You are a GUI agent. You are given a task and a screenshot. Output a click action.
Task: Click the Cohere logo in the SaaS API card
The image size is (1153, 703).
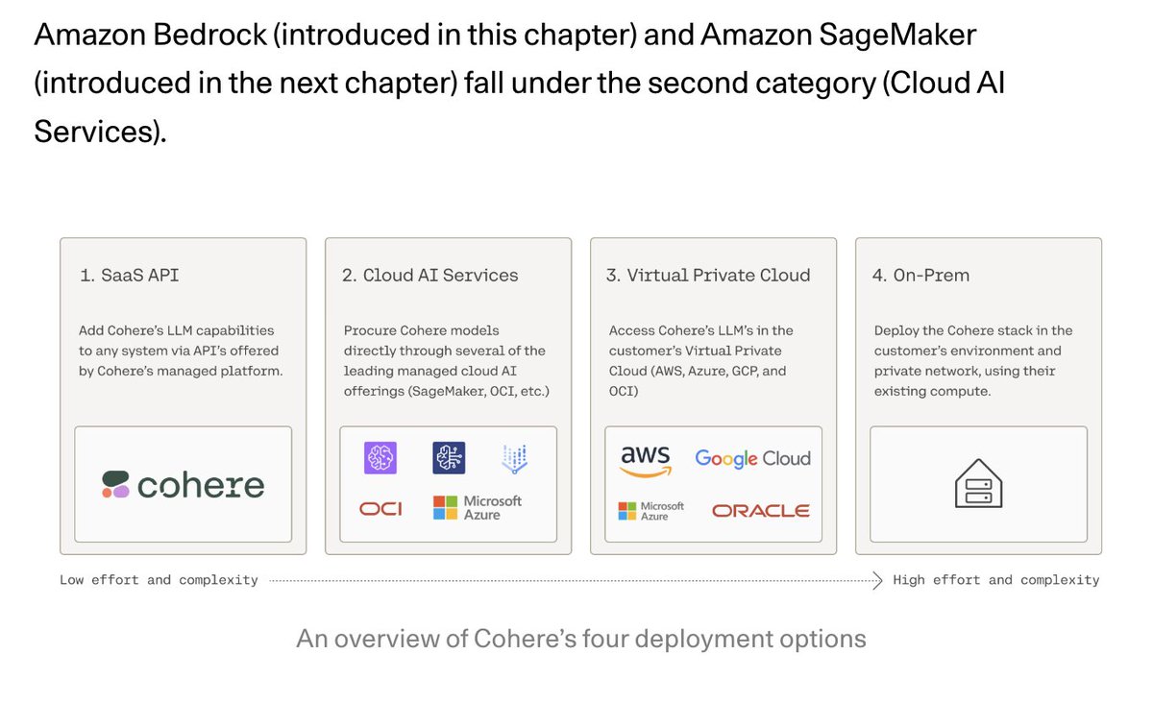[x=184, y=485]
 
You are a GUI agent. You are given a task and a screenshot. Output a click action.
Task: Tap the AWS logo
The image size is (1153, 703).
[x=646, y=461]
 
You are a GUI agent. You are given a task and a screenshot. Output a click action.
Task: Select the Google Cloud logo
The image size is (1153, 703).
[x=752, y=458]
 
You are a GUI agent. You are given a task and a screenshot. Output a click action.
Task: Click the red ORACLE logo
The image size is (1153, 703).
[x=760, y=511]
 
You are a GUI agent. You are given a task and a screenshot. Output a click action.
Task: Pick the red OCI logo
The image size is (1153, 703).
[x=380, y=509]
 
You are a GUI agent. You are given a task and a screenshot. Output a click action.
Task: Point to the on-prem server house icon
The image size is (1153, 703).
[x=978, y=483]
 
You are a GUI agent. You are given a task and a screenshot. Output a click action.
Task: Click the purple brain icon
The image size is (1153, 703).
[x=380, y=457]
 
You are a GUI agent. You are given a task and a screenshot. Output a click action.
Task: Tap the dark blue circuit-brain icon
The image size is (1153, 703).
[x=449, y=457]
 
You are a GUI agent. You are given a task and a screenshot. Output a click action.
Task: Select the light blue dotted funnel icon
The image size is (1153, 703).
[x=515, y=458]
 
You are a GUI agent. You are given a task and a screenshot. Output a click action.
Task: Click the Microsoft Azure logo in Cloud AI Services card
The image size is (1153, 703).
[x=478, y=508]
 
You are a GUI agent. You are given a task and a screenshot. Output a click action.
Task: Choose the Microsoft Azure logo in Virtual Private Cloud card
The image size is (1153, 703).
[x=650, y=511]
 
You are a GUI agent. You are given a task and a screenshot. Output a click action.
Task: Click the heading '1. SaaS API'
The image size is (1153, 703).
[x=129, y=276]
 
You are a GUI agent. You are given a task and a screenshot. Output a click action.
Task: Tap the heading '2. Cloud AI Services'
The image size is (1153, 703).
[x=429, y=276]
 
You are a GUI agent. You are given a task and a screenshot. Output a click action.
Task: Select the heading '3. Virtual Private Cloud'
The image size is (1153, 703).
[x=708, y=276]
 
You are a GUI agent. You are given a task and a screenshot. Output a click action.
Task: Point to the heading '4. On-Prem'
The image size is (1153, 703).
[x=920, y=276]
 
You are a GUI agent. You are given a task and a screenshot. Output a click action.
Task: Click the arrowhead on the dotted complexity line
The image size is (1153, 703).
[x=878, y=580]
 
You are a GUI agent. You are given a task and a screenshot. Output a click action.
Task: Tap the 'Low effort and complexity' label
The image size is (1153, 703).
[x=159, y=580]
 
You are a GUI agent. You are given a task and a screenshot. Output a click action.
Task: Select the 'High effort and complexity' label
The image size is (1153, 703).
[x=996, y=580]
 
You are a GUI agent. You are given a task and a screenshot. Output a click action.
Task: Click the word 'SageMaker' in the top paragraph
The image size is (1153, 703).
[x=897, y=35]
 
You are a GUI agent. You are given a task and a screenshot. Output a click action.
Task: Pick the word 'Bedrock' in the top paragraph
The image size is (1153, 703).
[x=210, y=35]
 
